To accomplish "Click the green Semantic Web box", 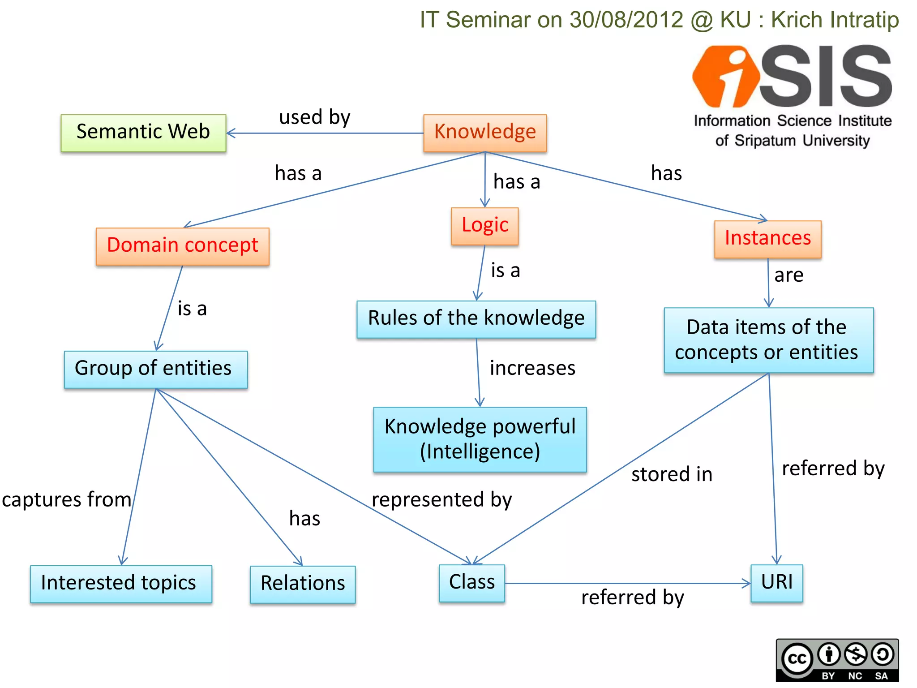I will pyautogui.click(x=143, y=133).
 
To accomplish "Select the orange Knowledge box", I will pyautogui.click(x=485, y=133).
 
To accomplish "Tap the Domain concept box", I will pyautogui.click(x=182, y=246).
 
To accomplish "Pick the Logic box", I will pyautogui.click(x=485, y=226).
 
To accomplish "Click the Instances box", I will pyautogui.click(x=767, y=239).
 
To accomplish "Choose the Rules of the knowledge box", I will pyautogui.click(x=476, y=319).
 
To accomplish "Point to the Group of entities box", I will pyautogui.click(x=155, y=369).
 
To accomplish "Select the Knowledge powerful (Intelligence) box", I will pyautogui.click(x=480, y=439).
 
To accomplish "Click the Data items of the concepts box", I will pyautogui.click(x=768, y=340).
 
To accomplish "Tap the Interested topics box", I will pyautogui.click(x=121, y=584).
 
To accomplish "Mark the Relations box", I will pyautogui.click(x=303, y=584).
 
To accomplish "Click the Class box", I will pyautogui.click(x=471, y=583).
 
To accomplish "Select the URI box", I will pyautogui.click(x=776, y=583).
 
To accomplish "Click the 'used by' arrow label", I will pyautogui.click(x=314, y=117).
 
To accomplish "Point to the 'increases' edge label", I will pyautogui.click(x=532, y=368).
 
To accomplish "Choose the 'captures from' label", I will pyautogui.click(x=66, y=499).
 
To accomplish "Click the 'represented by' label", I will pyautogui.click(x=441, y=499).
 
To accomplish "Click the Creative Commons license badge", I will pyautogui.click(x=837, y=660).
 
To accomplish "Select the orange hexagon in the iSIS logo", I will pyautogui.click(x=725, y=76).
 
